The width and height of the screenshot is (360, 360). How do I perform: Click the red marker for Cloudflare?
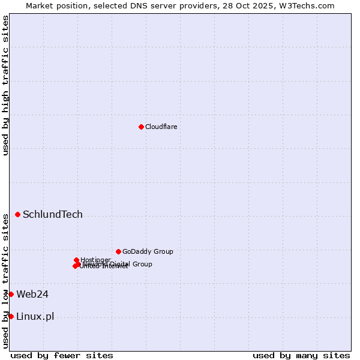(x=141, y=127)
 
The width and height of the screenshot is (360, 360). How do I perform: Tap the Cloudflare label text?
(x=161, y=127)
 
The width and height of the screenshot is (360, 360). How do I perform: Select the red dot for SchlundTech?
(x=17, y=214)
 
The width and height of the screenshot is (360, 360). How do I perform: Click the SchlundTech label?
(x=53, y=215)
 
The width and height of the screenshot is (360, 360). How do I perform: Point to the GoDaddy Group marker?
(x=118, y=251)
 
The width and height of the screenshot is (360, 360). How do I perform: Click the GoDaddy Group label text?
(x=148, y=251)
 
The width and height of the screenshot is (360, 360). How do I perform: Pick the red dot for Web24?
(x=11, y=294)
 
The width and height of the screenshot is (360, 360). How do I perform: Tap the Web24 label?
(x=32, y=294)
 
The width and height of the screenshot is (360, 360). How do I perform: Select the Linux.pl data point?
(x=11, y=316)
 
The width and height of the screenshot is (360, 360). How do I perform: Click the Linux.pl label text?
(x=35, y=317)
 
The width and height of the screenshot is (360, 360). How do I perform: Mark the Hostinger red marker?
(x=76, y=260)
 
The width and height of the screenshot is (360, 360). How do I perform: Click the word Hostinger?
(x=96, y=260)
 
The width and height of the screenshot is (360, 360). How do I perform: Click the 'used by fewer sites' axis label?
(x=62, y=355)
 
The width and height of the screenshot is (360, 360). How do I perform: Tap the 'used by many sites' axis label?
(x=301, y=355)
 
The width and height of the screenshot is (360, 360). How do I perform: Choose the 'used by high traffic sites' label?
(x=5, y=85)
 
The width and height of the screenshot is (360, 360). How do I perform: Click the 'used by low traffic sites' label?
(x=5, y=280)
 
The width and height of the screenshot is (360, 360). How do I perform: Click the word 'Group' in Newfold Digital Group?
(x=142, y=264)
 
